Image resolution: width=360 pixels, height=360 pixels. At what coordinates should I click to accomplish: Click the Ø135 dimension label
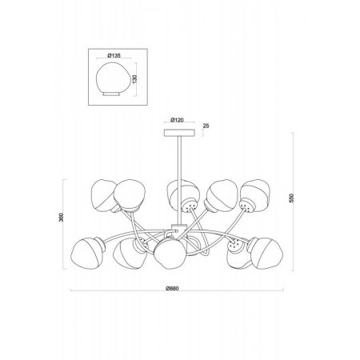(114, 55)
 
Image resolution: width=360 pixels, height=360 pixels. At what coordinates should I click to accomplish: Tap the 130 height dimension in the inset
(134, 78)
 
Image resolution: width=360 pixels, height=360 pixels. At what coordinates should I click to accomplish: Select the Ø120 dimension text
(178, 120)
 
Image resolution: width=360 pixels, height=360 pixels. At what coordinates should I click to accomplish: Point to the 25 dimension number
(206, 126)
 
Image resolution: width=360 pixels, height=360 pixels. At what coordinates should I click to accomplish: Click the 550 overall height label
(291, 198)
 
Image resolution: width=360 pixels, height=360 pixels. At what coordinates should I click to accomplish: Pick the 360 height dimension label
(61, 218)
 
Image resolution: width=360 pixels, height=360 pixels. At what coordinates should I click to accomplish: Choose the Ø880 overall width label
(172, 289)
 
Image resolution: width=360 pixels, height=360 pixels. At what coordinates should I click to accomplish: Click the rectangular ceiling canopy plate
(180, 133)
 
